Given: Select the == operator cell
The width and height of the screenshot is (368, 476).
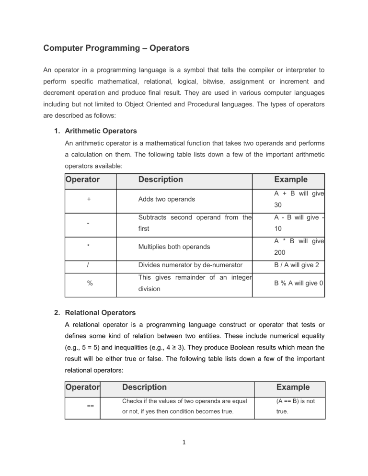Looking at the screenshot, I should point(90,406).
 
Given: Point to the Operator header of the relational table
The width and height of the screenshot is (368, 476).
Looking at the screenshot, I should point(82,387).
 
